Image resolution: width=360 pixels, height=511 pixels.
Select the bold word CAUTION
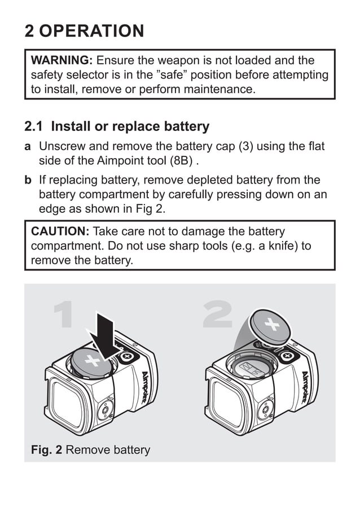pos(59,232)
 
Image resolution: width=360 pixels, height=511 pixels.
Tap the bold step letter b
pos(28,180)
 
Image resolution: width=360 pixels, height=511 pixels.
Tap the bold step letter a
pos(28,147)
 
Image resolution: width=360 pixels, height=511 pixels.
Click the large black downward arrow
pos(103,333)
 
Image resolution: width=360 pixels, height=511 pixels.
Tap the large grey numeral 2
pos(218,315)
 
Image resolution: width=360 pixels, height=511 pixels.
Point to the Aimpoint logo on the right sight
pos(305,385)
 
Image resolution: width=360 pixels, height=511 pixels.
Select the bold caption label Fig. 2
pos(46,450)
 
